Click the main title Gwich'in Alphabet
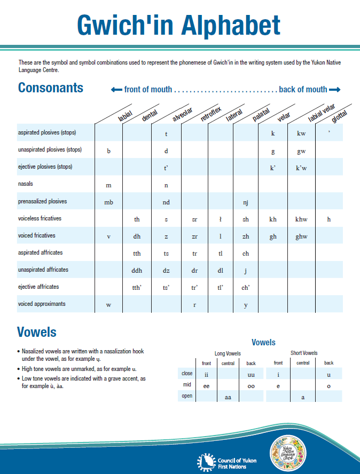178,25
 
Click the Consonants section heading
51,88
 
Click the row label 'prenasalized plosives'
43,201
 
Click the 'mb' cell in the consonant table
108,202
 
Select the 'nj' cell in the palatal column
246,202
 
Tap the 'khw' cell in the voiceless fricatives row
301,219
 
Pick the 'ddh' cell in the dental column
137,271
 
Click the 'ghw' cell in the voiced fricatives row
301,236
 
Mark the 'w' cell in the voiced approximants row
108,305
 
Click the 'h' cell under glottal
329,219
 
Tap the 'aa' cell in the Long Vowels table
228,397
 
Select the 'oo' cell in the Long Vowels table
251,385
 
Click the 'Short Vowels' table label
303,353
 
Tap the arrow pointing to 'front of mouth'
116,90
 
